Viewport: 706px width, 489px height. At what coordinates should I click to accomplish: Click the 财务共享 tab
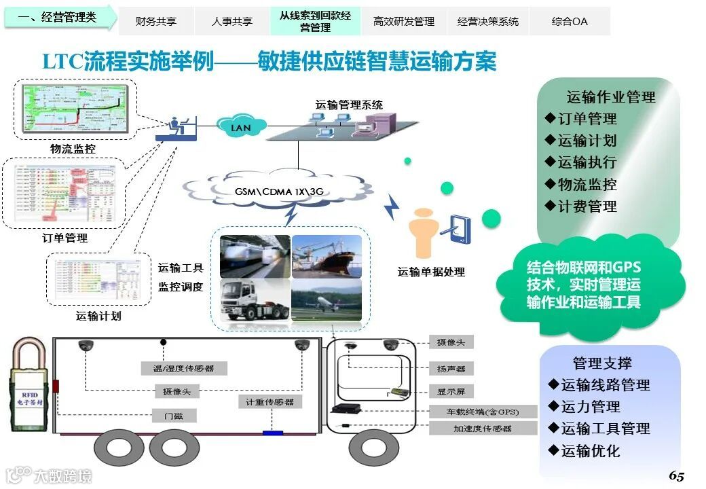(x=156, y=21)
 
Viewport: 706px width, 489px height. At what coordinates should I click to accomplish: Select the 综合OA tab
(x=570, y=21)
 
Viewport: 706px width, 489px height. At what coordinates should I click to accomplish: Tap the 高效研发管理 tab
(x=404, y=21)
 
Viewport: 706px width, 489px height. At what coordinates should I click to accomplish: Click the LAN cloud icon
(x=241, y=126)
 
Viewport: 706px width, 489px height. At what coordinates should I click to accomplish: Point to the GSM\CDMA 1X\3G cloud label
(x=279, y=192)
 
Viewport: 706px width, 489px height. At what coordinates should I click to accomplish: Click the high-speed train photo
(x=254, y=256)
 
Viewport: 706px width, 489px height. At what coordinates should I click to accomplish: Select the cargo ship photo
(x=327, y=256)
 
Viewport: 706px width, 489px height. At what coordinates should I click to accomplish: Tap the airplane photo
(x=327, y=300)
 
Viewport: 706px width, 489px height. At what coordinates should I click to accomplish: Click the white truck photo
(x=254, y=300)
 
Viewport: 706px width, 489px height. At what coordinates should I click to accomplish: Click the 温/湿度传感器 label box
(x=184, y=368)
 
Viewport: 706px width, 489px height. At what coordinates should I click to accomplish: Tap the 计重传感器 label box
(x=270, y=402)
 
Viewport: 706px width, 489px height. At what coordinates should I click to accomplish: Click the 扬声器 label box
(x=451, y=368)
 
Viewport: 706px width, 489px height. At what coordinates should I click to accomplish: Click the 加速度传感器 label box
(x=472, y=428)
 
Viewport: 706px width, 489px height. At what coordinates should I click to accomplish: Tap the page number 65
(x=676, y=475)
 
